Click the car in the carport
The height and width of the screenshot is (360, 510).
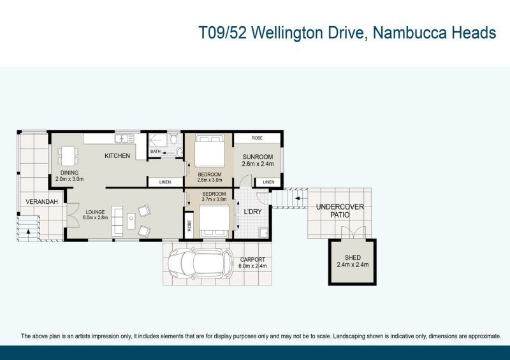[200, 264]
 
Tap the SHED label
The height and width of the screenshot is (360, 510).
[353, 257]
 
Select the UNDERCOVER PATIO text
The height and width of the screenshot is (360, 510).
[340, 211]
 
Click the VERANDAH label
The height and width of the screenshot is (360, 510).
[41, 201]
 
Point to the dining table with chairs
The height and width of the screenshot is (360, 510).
[68, 156]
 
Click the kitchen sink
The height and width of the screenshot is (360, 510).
[124, 138]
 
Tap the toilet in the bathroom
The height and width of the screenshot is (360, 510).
[173, 140]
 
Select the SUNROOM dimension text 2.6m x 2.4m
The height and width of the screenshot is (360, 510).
[258, 164]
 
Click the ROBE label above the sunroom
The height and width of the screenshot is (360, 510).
[257, 138]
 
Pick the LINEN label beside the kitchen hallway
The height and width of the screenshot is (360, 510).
[165, 182]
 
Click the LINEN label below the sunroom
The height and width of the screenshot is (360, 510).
[268, 182]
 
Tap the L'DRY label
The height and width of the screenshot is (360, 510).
[252, 212]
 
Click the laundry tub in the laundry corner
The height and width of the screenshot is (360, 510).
[263, 233]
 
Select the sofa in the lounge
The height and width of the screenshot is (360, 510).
[117, 221]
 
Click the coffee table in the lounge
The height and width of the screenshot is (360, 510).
[131, 221]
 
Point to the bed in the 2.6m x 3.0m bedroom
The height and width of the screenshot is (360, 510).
[210, 151]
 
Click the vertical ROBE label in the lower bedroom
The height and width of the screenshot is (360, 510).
[189, 226]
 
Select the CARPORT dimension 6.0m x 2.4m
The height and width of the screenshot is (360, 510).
[252, 266]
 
